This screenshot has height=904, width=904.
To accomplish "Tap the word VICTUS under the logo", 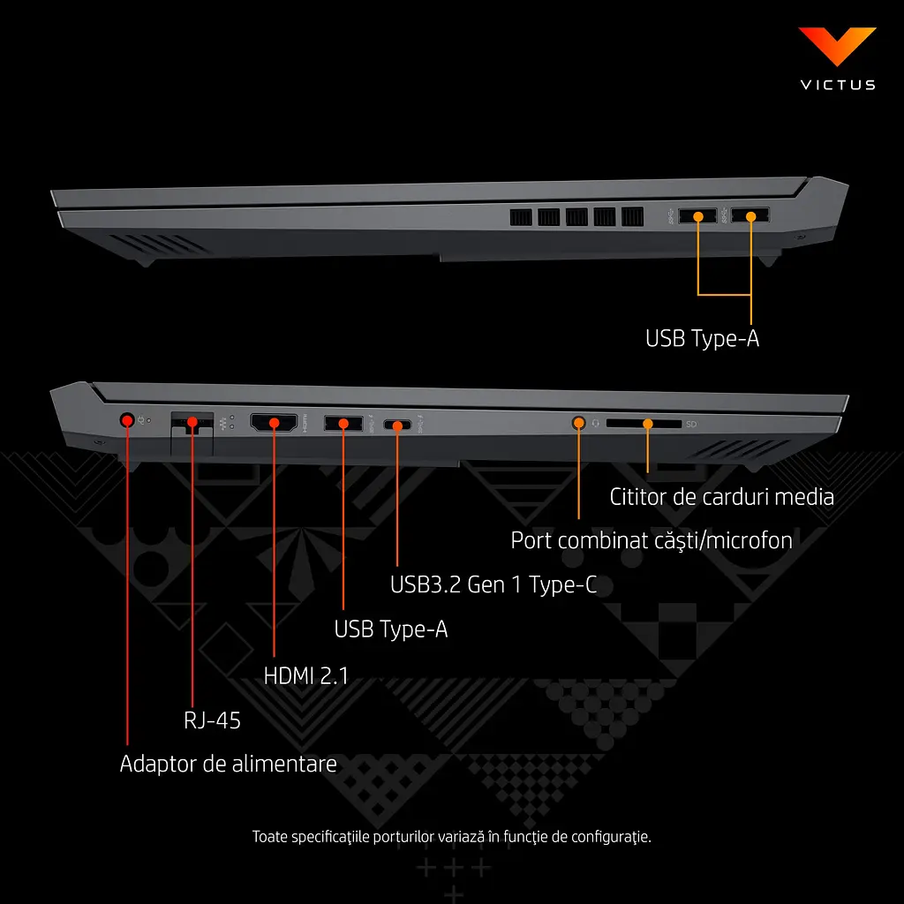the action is [838, 85].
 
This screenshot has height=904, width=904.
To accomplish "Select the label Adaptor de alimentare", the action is [229, 764].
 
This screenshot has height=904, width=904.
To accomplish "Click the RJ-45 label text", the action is [212, 720].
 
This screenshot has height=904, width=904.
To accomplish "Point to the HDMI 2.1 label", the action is [306, 675].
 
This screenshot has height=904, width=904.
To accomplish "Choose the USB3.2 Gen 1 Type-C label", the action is [493, 584].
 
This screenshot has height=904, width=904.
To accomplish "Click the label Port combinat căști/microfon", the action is [652, 541].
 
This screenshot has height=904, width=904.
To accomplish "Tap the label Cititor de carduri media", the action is [722, 497].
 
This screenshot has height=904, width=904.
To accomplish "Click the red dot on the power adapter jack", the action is [127, 420].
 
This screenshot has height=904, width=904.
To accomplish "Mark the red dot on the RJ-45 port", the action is [192, 422].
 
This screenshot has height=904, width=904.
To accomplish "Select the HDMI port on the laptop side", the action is [274, 423].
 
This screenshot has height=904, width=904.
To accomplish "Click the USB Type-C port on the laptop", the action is [397, 426].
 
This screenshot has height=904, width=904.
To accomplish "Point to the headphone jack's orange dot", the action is [579, 423].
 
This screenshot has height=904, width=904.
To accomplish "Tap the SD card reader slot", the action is [644, 424].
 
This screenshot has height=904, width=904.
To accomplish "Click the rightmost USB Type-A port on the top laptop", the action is [750, 215].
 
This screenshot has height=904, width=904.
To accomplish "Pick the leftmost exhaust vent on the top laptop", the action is [521, 217].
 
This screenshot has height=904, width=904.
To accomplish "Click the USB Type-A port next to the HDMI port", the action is [343, 423].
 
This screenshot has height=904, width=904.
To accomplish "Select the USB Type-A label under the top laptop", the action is [702, 338].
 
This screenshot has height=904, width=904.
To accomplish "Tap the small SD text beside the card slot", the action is [691, 425].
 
